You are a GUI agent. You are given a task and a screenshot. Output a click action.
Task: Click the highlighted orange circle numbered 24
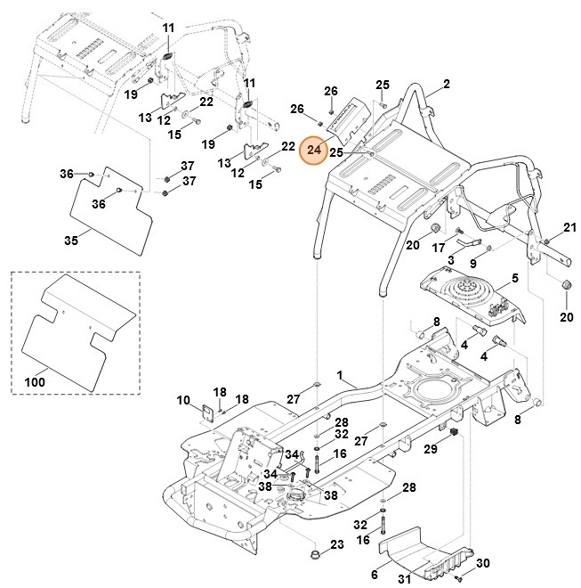click(313, 151)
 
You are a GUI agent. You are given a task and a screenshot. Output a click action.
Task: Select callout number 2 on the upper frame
click(446, 85)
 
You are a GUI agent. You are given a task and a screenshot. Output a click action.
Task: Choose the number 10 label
click(183, 401)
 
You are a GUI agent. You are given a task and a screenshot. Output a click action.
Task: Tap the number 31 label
click(403, 581)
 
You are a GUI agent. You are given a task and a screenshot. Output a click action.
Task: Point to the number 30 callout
click(483, 562)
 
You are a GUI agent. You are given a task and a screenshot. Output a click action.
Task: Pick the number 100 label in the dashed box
click(34, 381)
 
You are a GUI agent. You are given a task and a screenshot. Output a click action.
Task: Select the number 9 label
click(472, 264)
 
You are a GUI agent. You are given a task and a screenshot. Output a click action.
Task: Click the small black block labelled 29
click(451, 433)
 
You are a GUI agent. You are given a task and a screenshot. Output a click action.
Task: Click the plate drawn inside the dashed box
click(76, 330)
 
